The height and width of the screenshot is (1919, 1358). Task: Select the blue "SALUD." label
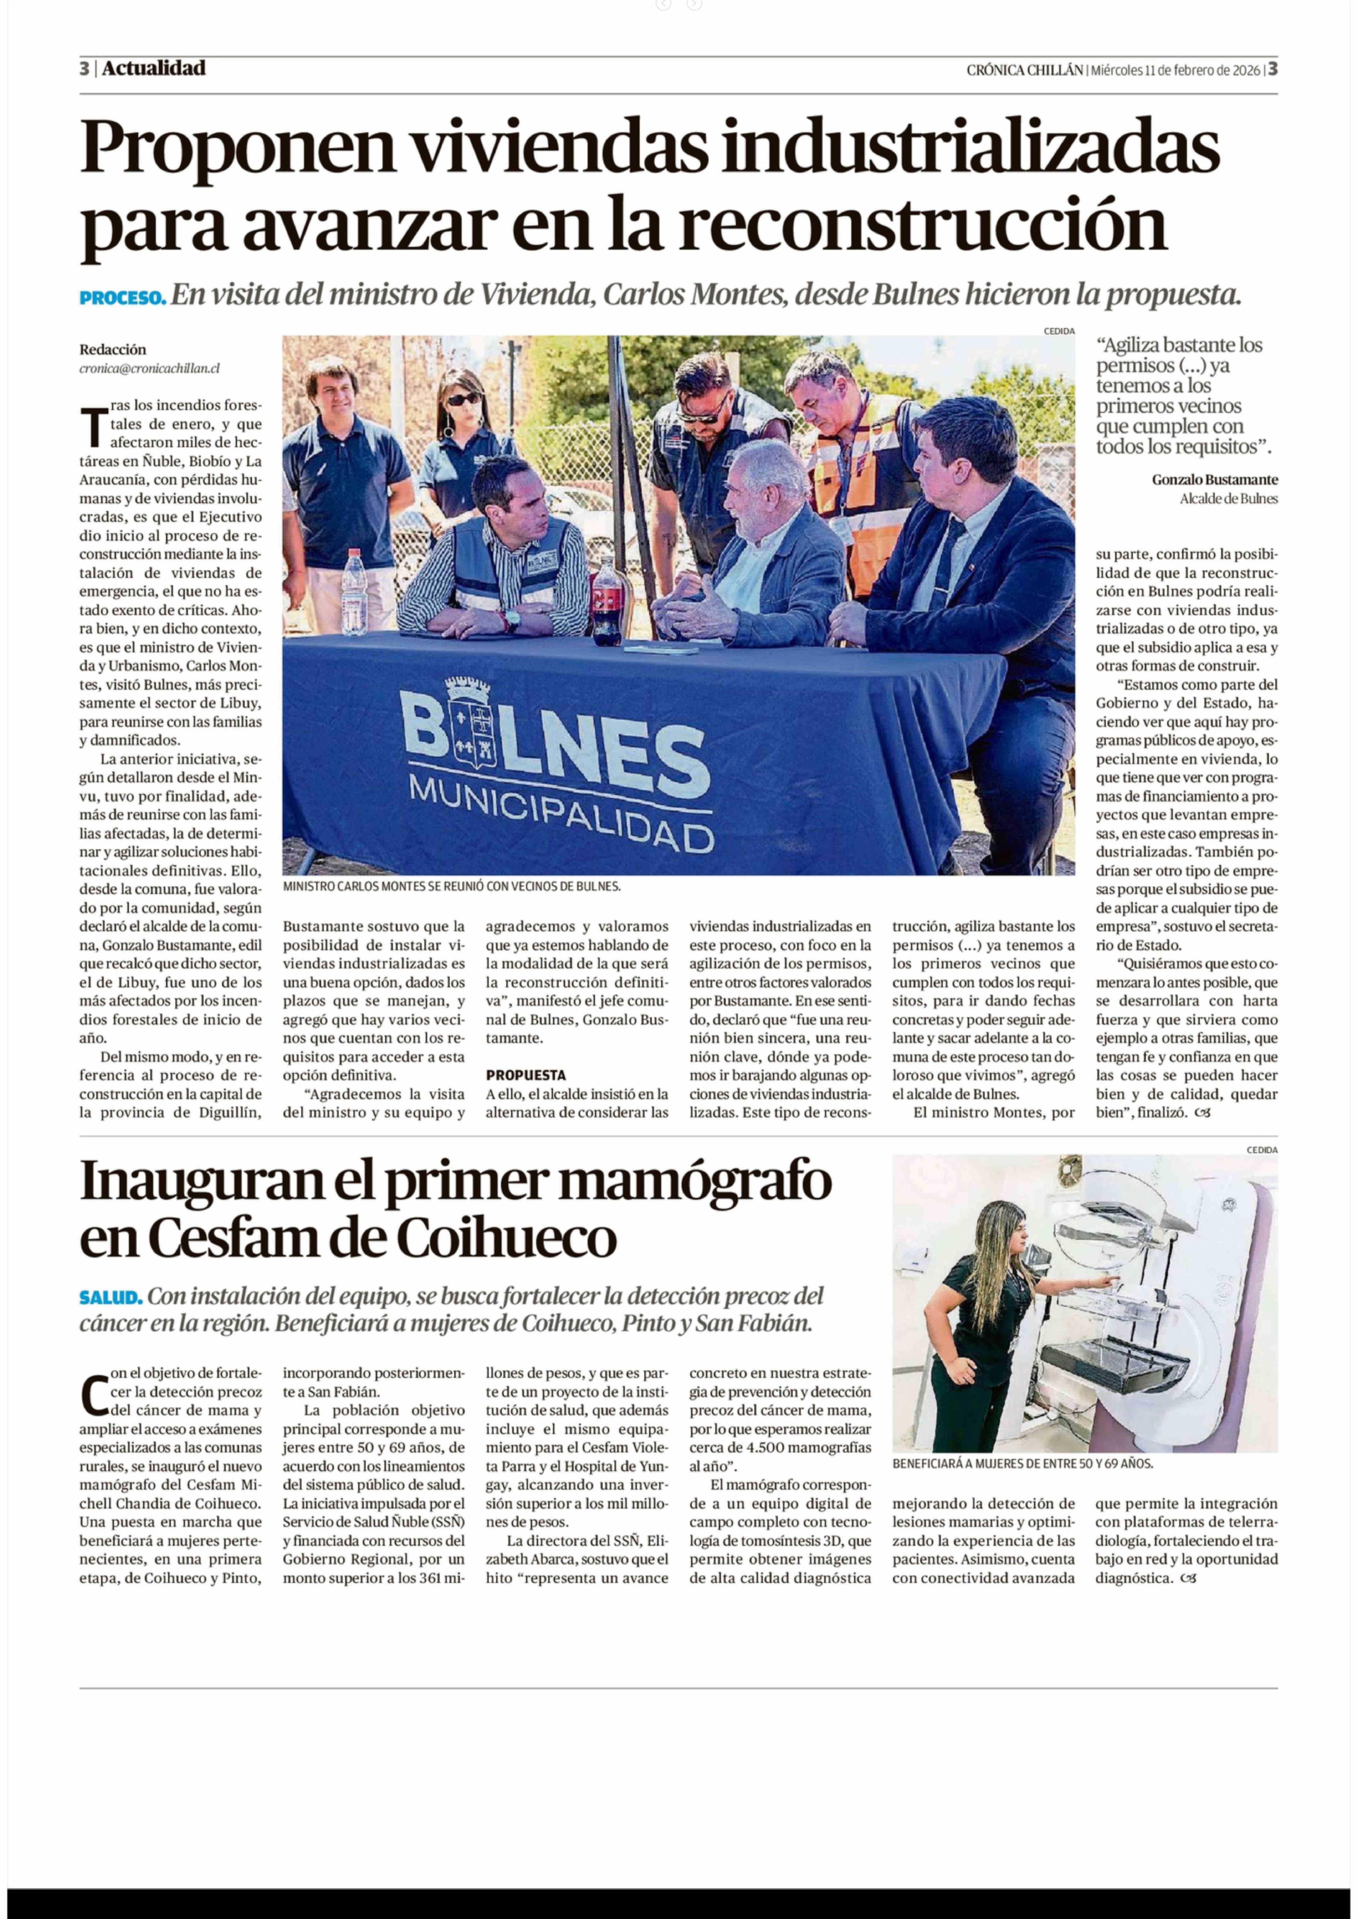pos(110,1298)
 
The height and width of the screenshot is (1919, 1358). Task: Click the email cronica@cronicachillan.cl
pos(150,368)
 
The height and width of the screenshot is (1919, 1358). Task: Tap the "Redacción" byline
pos(113,349)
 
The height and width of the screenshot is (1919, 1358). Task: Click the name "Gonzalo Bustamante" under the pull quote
pos(1214,480)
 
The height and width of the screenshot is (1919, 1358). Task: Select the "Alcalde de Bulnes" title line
pos(1228,498)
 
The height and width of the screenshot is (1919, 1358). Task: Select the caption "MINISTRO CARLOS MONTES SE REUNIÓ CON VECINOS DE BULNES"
pos(452,886)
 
